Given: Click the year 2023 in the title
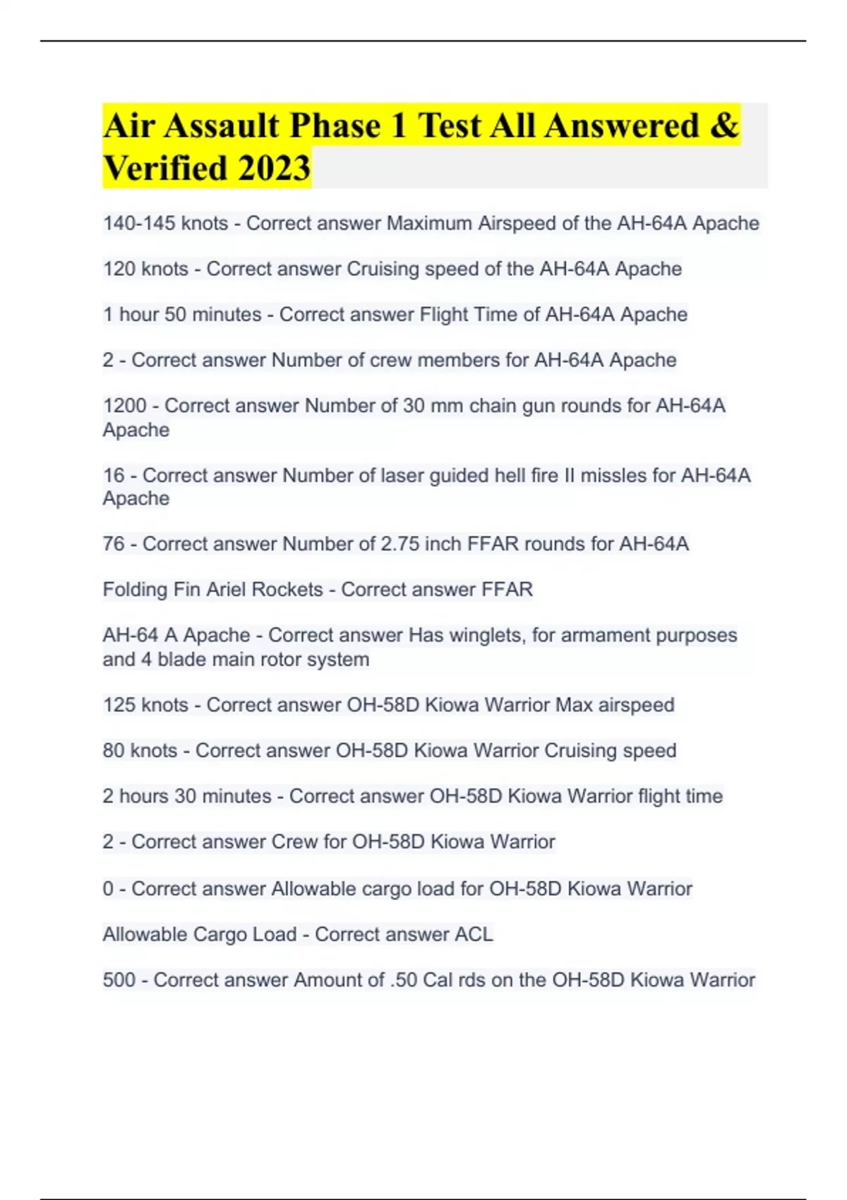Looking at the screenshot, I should (274, 168).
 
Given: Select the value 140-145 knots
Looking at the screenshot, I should (165, 223).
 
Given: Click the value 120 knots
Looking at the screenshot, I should (145, 269).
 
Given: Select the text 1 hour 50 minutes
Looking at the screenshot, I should (182, 314).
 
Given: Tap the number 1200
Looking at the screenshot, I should (125, 406).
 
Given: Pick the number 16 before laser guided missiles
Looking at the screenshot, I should (114, 475).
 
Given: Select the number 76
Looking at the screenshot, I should (114, 544).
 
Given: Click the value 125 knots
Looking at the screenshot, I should (145, 704).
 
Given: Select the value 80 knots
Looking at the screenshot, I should (140, 750).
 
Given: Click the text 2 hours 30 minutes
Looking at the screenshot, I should (186, 796).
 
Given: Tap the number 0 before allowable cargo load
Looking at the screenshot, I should (108, 889).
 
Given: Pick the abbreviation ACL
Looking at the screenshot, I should (474, 935).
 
